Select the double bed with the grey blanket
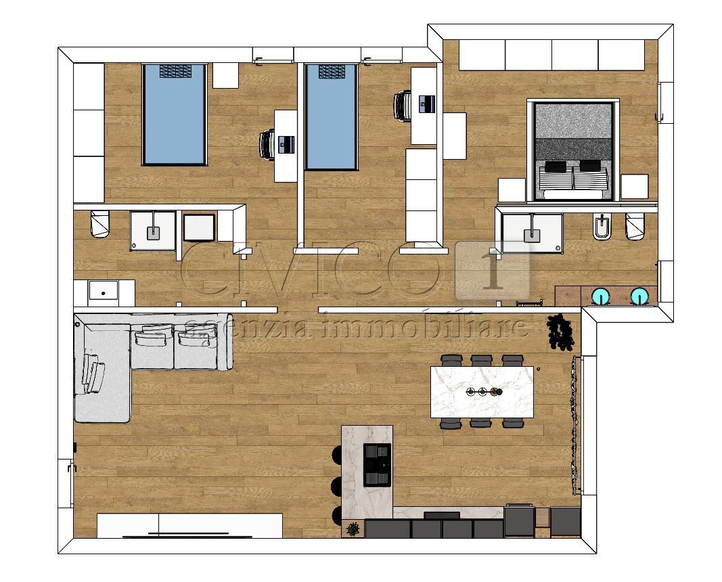[x=574, y=150]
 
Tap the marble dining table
[x=482, y=392]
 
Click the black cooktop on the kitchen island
[x=378, y=464]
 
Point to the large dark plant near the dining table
[x=560, y=332]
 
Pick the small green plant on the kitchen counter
[x=352, y=528]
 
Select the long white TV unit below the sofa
[x=189, y=524]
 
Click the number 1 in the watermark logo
[x=492, y=270]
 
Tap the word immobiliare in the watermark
[x=426, y=326]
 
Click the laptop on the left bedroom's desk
[x=287, y=143]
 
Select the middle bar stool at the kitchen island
[x=335, y=485]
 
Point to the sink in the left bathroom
[x=152, y=232]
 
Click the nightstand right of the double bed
[x=634, y=187]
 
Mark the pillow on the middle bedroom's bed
[x=331, y=71]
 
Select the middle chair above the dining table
[x=481, y=361]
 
